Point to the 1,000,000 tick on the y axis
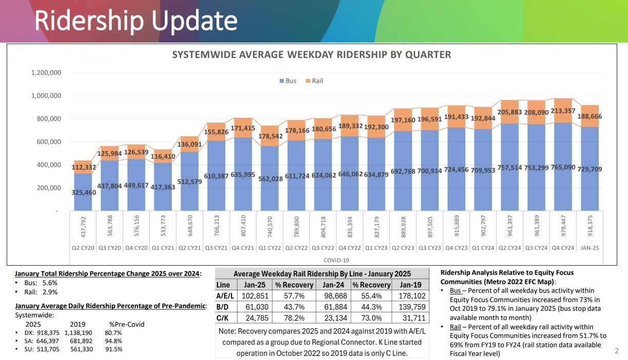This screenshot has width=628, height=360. click(47, 96)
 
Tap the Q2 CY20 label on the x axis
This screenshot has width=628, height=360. click(83, 248)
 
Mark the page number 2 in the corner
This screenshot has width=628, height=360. click(617, 351)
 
